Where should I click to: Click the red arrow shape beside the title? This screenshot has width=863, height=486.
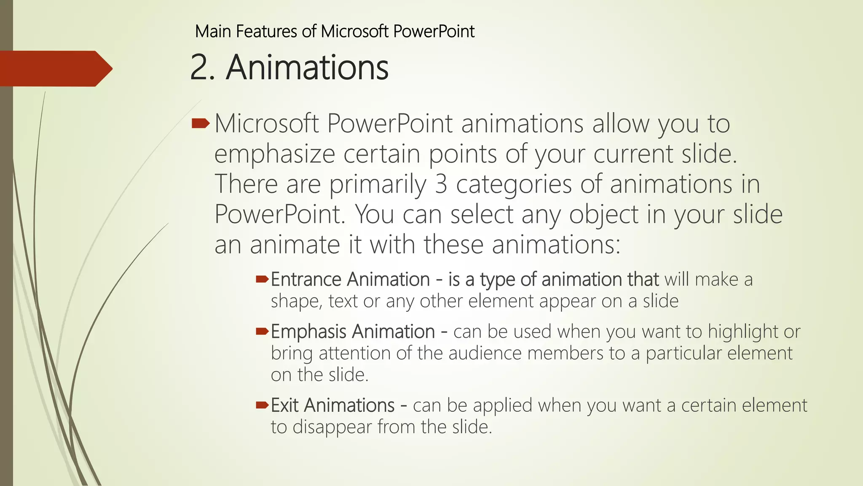pyautogui.click(x=55, y=68)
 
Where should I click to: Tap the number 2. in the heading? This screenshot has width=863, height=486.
pyautogui.click(x=203, y=68)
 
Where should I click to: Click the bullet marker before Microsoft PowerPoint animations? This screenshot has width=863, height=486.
pyautogui.click(x=201, y=124)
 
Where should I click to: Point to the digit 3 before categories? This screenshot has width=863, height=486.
pyautogui.click(x=441, y=184)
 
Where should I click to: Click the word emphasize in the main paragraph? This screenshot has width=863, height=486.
pyautogui.click(x=274, y=154)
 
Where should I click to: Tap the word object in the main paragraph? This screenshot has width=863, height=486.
pyautogui.click(x=603, y=215)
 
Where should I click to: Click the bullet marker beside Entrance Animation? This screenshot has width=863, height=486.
pyautogui.click(x=262, y=279)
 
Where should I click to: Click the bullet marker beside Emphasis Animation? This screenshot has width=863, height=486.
pyautogui.click(x=262, y=331)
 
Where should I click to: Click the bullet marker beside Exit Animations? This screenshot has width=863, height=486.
pyautogui.click(x=262, y=405)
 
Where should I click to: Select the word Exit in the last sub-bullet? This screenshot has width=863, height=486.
pyautogui.click(x=284, y=405)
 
